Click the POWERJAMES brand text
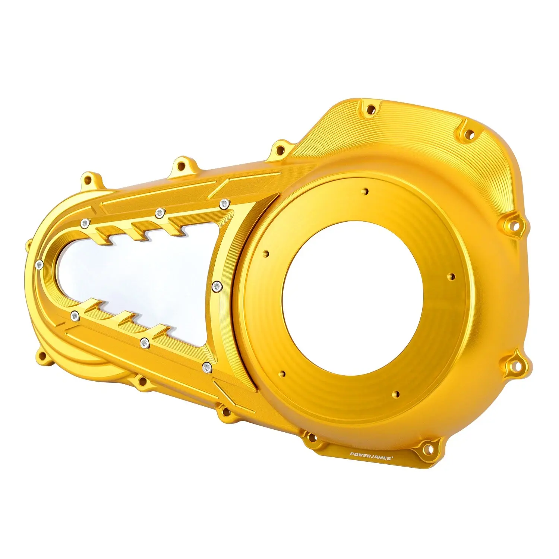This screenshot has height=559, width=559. click(x=371, y=456)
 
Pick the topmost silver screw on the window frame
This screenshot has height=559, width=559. click(x=224, y=203)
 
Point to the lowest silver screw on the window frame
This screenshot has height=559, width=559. click(x=207, y=368)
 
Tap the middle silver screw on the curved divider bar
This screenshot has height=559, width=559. click(x=217, y=286)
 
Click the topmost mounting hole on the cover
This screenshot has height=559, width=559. click(x=370, y=110)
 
